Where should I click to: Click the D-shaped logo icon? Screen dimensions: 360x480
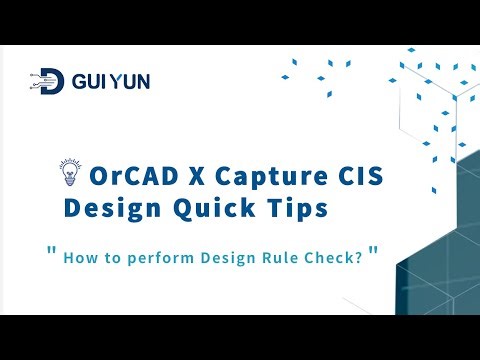pyautogui.click(x=51, y=82)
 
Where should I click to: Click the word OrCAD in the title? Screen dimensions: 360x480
pyautogui.click(x=124, y=178)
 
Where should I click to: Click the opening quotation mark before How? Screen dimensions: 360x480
pyautogui.click(x=51, y=251)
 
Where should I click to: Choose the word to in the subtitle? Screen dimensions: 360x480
pyautogui.click(x=109, y=259)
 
